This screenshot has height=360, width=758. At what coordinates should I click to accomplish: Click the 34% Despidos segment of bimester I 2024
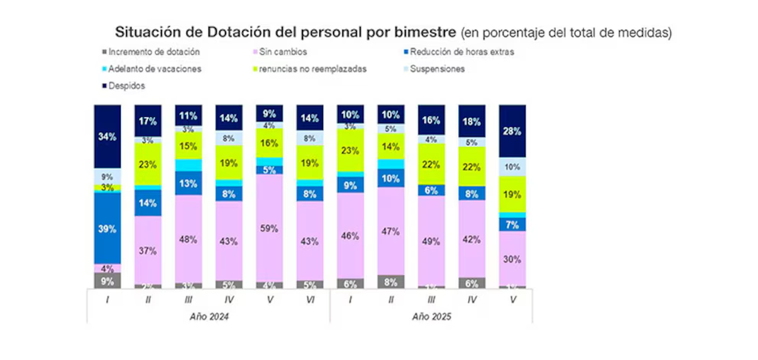[x=107, y=136]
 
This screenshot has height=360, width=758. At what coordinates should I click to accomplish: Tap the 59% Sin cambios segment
[x=270, y=228]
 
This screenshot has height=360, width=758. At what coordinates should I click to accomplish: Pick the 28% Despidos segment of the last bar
[x=512, y=131]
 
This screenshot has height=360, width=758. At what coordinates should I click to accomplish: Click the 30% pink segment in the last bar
[x=512, y=258]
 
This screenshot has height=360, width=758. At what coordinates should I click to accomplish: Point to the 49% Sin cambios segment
[x=431, y=240]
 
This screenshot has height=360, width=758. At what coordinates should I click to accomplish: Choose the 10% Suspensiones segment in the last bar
[x=512, y=167]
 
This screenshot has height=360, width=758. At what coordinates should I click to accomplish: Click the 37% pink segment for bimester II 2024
[x=148, y=250]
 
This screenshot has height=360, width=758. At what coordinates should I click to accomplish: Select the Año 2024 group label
[x=208, y=316]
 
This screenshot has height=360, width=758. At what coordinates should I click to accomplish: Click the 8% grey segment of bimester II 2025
[x=391, y=282]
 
